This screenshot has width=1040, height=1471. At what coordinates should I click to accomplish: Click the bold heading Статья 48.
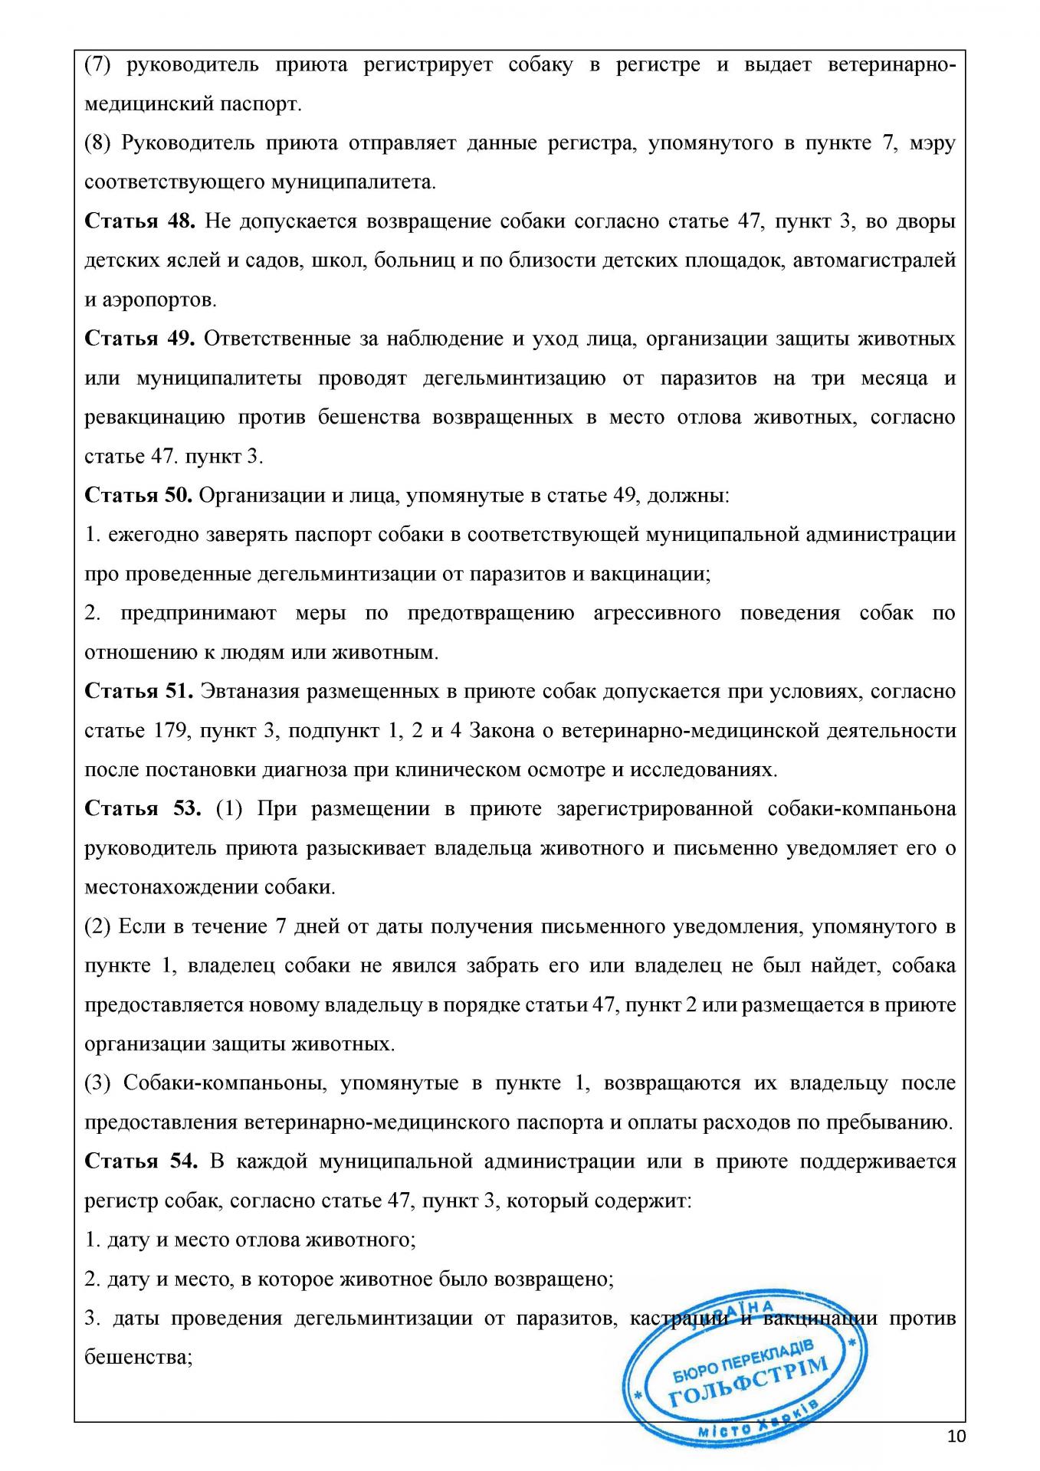click(x=140, y=221)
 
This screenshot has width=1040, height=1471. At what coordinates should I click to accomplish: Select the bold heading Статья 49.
click(x=140, y=339)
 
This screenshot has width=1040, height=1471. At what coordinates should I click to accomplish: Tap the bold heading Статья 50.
click(x=138, y=495)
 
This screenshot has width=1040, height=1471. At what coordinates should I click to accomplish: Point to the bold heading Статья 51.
click(x=138, y=691)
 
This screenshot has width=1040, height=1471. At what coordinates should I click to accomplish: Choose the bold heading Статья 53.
click(x=142, y=809)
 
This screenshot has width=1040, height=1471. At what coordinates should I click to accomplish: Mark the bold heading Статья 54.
click(x=141, y=1161)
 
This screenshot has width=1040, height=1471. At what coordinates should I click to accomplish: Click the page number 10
click(x=956, y=1436)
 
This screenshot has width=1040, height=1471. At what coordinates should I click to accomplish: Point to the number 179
click(x=171, y=731)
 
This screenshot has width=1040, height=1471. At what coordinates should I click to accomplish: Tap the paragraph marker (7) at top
click(x=98, y=65)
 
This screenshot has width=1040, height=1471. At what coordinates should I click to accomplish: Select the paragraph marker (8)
click(x=98, y=143)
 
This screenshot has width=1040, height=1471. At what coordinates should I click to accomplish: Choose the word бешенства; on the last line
click(x=137, y=1358)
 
